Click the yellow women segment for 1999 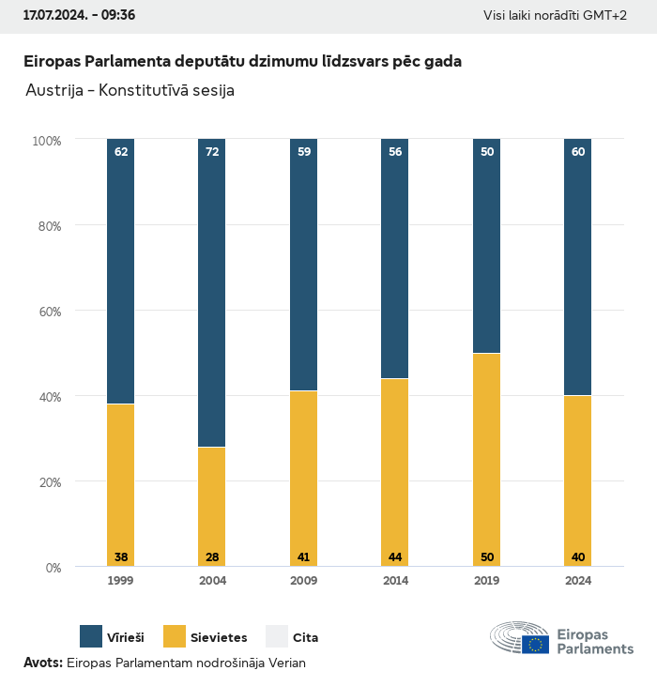pos(121,485)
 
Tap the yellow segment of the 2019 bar pos(487,460)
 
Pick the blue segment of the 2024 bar pos(578,267)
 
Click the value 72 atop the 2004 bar pos(212,150)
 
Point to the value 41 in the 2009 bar pos(304,557)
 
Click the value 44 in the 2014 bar pos(395,557)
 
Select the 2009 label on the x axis pos(304,581)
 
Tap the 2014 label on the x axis pos(395,581)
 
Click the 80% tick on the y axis pos(47,225)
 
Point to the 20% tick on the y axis pos(47,481)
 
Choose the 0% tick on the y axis pos(53,567)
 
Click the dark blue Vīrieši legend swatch pos(91,637)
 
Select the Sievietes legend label pos(220,638)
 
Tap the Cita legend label pos(306,638)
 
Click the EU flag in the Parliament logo pos(536,644)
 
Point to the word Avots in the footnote pos(42,663)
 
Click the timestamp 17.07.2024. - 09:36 pos(79,15)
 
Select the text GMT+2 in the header pos(606,16)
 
